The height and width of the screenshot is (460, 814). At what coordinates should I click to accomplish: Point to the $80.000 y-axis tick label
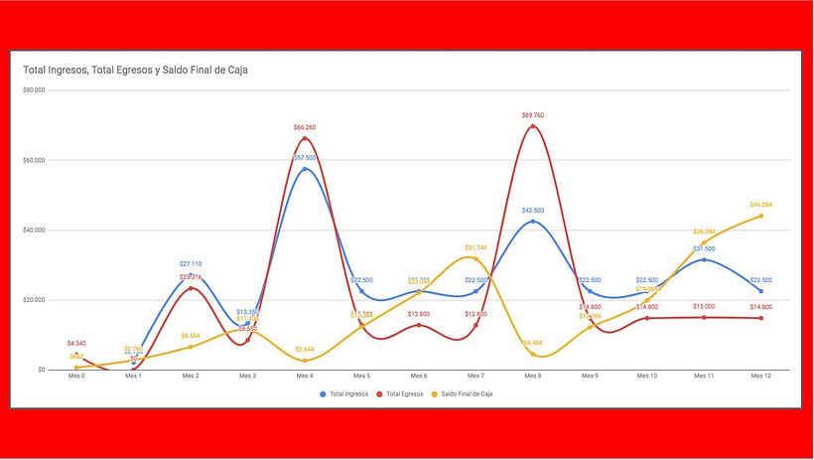coord(34,90)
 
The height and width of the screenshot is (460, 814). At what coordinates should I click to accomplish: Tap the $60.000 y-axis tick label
coord(34,160)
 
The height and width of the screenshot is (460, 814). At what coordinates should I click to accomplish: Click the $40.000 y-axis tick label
coord(34,230)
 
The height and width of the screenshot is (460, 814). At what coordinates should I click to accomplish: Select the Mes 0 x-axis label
coord(76,377)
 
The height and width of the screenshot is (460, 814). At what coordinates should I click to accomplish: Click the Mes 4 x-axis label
coord(305,377)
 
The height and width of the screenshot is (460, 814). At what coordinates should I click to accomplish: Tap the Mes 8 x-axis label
coord(533,377)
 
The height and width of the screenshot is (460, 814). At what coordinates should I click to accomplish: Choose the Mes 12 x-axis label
coord(761,377)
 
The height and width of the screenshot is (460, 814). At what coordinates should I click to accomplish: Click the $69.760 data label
coord(533,115)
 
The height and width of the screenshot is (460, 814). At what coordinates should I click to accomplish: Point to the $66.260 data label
coord(305,127)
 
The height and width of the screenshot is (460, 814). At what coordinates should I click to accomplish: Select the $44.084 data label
coord(761,205)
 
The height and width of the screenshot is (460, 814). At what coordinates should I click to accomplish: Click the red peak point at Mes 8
coord(533,126)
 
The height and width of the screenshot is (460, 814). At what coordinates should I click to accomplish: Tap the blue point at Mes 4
coord(305,169)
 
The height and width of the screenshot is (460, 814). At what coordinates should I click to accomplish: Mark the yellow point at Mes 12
coord(761,216)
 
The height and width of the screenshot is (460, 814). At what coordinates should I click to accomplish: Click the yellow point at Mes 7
coord(475,258)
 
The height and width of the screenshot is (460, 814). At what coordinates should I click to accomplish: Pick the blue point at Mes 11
coord(704,259)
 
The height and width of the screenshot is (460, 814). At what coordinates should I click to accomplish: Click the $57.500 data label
coord(305,157)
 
